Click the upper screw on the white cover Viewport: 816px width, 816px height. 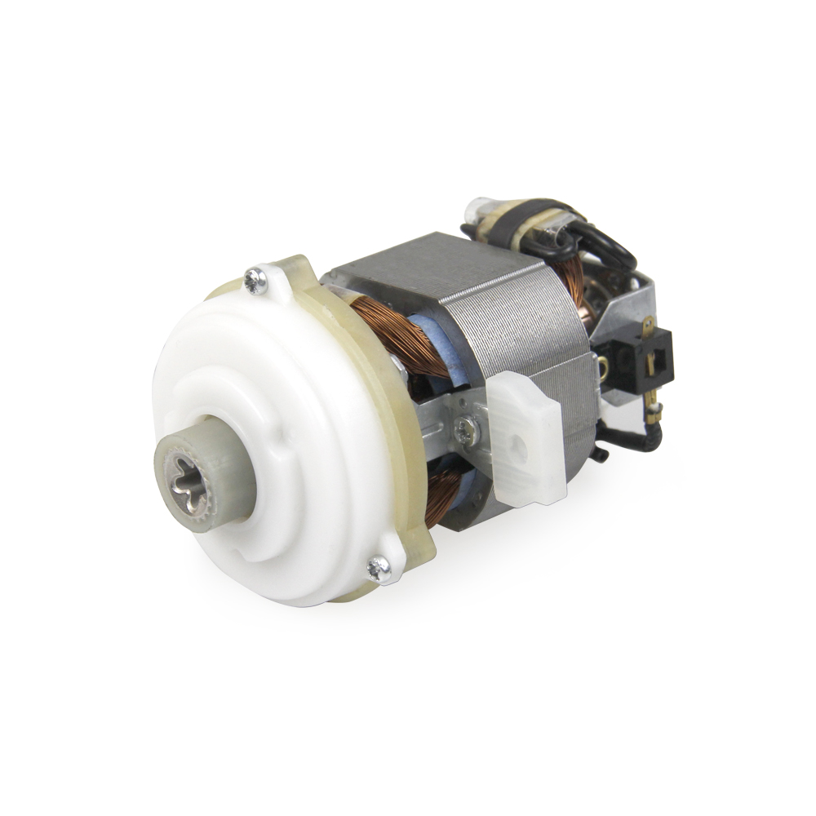tap(256, 282)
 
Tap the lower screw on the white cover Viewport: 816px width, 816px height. tap(379, 568)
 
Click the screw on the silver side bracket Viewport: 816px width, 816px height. tap(464, 430)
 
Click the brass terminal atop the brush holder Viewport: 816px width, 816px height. tap(648, 326)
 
